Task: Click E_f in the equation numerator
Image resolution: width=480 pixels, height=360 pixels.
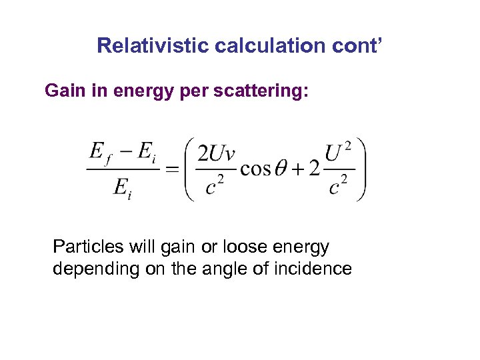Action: pos(100,153)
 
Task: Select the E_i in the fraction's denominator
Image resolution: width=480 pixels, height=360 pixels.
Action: pos(121,188)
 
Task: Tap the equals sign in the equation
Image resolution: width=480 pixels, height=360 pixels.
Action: pos(171,169)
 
